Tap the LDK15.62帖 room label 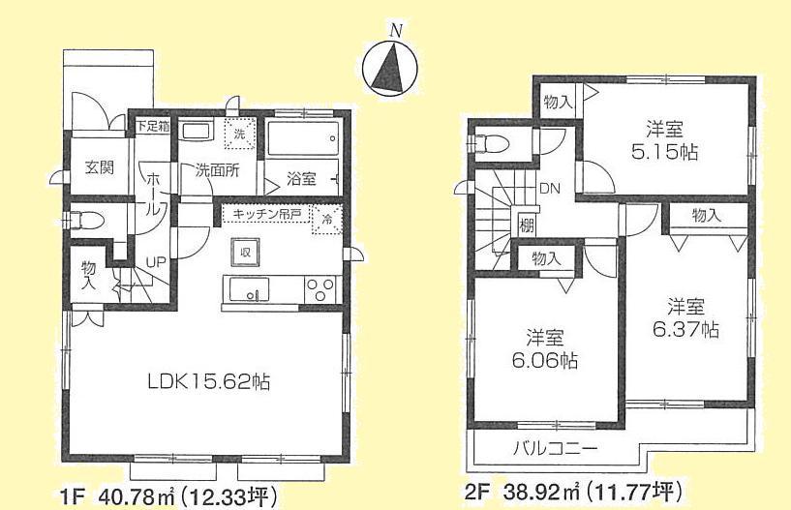pos(208,381)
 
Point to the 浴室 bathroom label pos(302,178)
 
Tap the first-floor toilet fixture pos(85,217)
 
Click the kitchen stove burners pos(320,288)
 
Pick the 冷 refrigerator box pos(326,220)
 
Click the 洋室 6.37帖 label pos(685,319)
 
